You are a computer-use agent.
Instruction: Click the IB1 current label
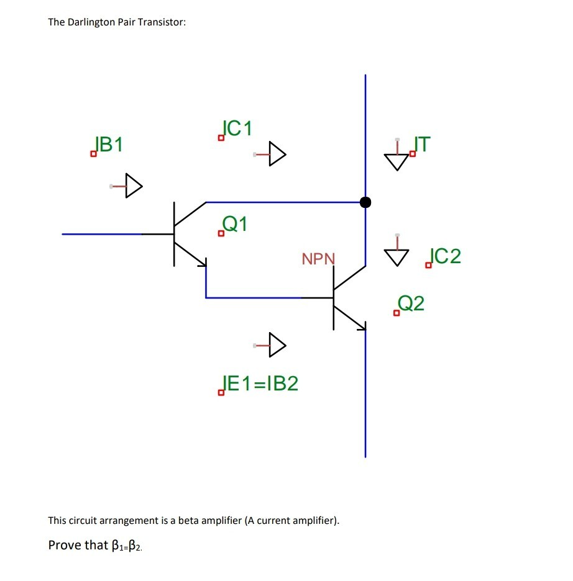tap(108, 145)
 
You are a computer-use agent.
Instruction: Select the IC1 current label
tap(237, 128)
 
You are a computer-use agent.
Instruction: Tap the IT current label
tap(421, 144)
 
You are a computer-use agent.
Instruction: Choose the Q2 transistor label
tap(411, 304)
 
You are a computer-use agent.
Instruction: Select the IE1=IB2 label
tap(260, 384)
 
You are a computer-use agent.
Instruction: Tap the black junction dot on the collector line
tap(365, 202)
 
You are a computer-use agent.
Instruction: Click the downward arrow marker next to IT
tap(397, 160)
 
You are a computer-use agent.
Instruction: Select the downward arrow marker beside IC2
tap(397, 254)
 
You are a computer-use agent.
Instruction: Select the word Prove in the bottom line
tap(64, 545)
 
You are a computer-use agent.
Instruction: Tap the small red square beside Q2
tap(397, 313)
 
